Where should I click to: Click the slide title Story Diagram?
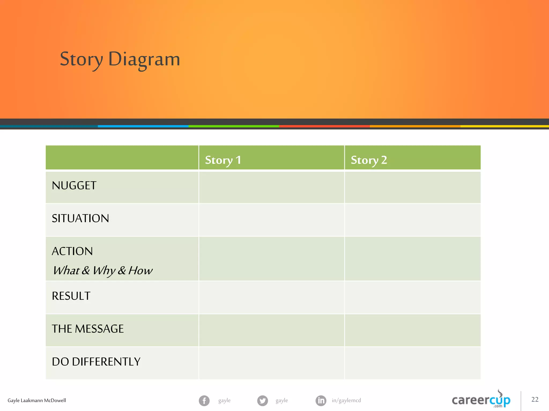120,59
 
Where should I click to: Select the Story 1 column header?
223,160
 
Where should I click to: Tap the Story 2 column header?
369,160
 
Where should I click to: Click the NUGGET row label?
74,186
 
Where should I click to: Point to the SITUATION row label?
80,218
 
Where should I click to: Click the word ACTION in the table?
72,251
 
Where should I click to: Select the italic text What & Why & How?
103,270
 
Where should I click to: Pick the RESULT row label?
71,296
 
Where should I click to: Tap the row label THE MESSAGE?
88,329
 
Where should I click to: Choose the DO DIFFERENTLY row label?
96,362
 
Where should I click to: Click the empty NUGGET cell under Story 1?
271,187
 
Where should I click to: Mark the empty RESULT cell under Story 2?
412,297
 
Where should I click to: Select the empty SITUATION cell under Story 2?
412,220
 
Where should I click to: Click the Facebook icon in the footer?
204,401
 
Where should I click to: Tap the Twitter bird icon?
262,401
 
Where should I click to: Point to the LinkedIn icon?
321,401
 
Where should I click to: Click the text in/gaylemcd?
346,400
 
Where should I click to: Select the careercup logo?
481,400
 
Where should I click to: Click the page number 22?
535,399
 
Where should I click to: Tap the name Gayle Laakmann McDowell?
37,401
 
